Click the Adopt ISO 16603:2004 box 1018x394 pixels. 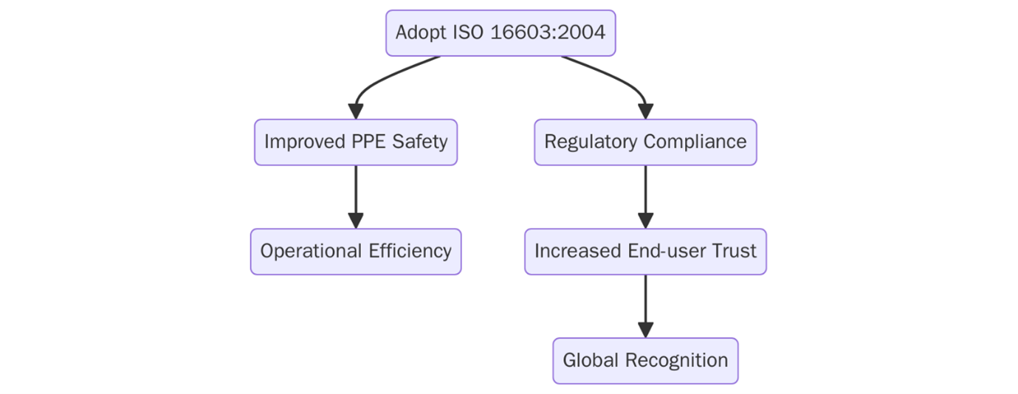tap(501, 33)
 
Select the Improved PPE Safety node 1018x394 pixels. tap(356, 142)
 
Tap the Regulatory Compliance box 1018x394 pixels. tap(645, 142)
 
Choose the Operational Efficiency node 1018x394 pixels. tap(356, 252)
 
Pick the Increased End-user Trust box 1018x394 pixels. tap(645, 252)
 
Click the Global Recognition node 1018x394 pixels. tap(645, 361)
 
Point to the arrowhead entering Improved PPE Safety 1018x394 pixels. tap(356, 111)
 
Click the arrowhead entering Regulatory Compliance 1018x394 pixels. tap(645, 111)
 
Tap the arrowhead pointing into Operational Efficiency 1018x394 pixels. tap(356, 221)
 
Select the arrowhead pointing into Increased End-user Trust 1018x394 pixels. tap(645, 221)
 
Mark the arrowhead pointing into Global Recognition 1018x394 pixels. tap(645, 330)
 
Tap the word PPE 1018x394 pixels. tap(368, 142)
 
